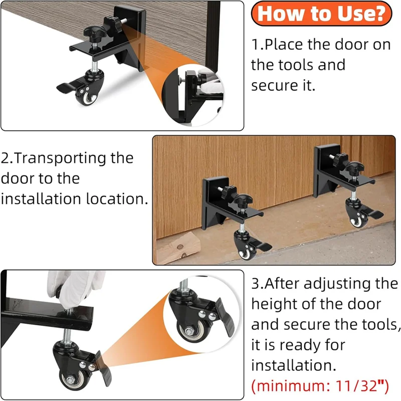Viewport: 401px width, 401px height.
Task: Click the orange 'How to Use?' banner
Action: coord(321,14)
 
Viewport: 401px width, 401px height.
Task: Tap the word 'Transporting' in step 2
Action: coord(67,158)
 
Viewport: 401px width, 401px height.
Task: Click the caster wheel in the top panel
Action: coord(86,95)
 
